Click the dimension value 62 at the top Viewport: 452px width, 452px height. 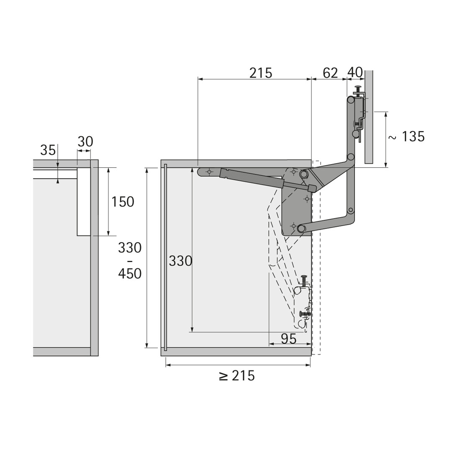pyautogui.click(x=330, y=73)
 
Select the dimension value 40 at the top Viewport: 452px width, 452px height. pyautogui.click(x=355, y=73)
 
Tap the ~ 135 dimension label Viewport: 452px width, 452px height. pyautogui.click(x=406, y=136)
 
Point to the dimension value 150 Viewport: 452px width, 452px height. pyautogui.click(x=123, y=202)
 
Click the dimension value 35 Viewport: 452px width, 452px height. pyautogui.click(x=48, y=150)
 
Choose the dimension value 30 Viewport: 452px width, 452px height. pyautogui.click(x=85, y=142)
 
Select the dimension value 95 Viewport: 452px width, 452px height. pyautogui.click(x=288, y=339)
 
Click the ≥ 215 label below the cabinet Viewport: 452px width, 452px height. pyautogui.click(x=236, y=376)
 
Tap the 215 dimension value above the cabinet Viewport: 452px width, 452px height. pyautogui.click(x=261, y=73)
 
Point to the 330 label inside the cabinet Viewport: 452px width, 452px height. pyautogui.click(x=180, y=261)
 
